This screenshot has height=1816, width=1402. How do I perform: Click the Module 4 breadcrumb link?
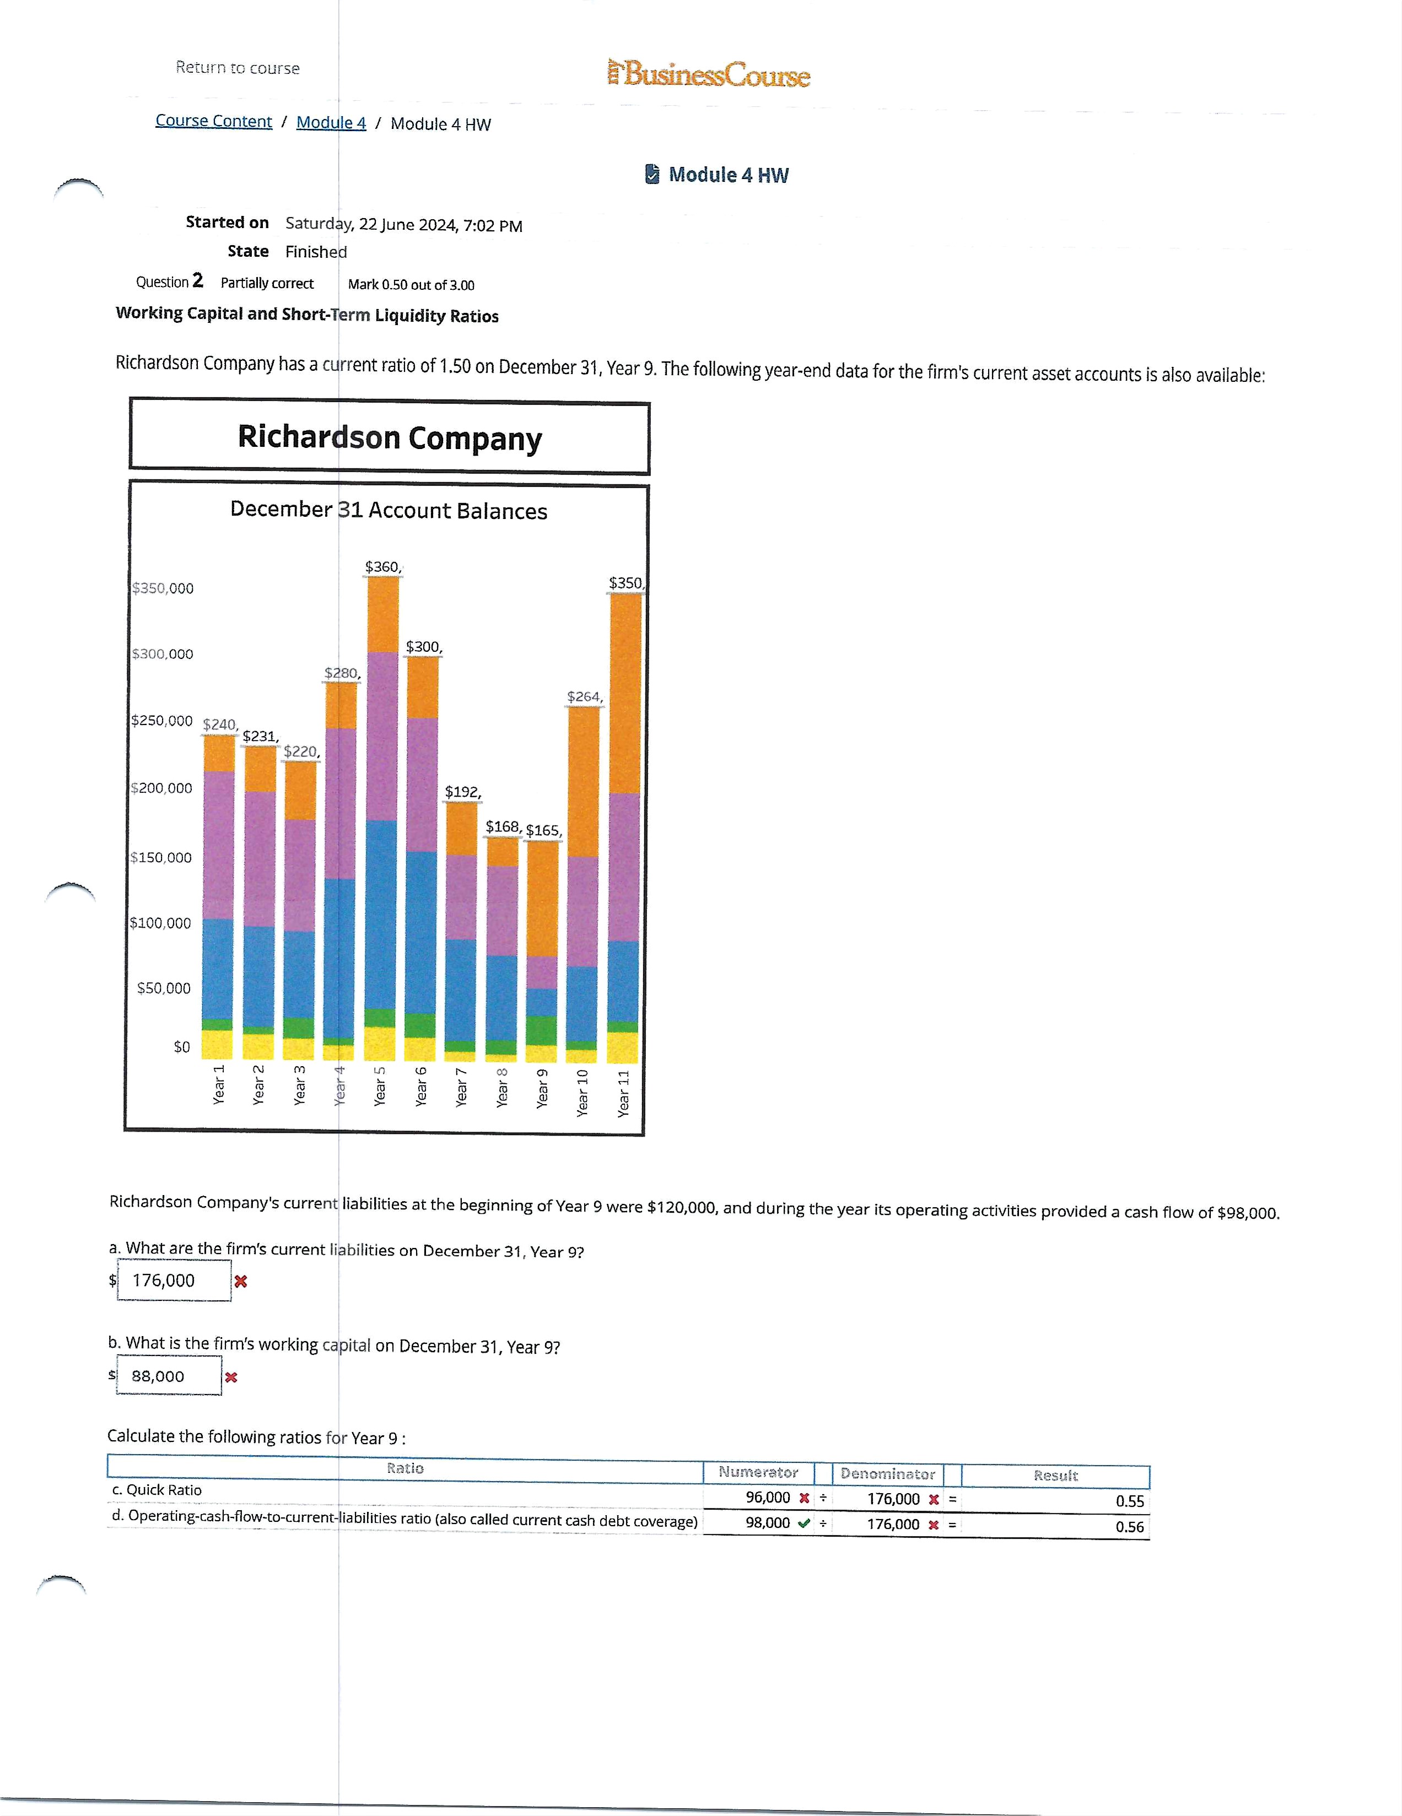(x=331, y=123)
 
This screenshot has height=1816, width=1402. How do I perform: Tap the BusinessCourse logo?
(x=709, y=75)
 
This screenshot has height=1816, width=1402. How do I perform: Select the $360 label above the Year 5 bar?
(x=382, y=567)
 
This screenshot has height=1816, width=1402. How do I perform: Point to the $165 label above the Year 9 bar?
(x=544, y=831)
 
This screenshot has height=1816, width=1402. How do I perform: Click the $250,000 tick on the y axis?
(x=162, y=721)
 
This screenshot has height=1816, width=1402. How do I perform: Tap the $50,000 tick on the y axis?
(x=164, y=988)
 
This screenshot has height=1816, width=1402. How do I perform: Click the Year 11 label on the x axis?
(x=624, y=1093)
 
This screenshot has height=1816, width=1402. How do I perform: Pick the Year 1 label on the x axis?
(x=219, y=1084)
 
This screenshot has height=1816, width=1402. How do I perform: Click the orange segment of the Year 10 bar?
(x=583, y=782)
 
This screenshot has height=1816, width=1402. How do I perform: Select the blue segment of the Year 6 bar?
(x=422, y=931)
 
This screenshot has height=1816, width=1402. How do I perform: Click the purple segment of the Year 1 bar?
(x=219, y=844)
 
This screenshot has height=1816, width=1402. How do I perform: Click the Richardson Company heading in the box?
(x=389, y=437)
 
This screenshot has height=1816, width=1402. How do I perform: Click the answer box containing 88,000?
(x=169, y=1376)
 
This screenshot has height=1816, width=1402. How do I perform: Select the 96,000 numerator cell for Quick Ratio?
(x=768, y=1498)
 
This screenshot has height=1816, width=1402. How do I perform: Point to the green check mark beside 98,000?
(x=804, y=1523)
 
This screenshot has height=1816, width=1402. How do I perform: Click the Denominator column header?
(x=887, y=1473)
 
